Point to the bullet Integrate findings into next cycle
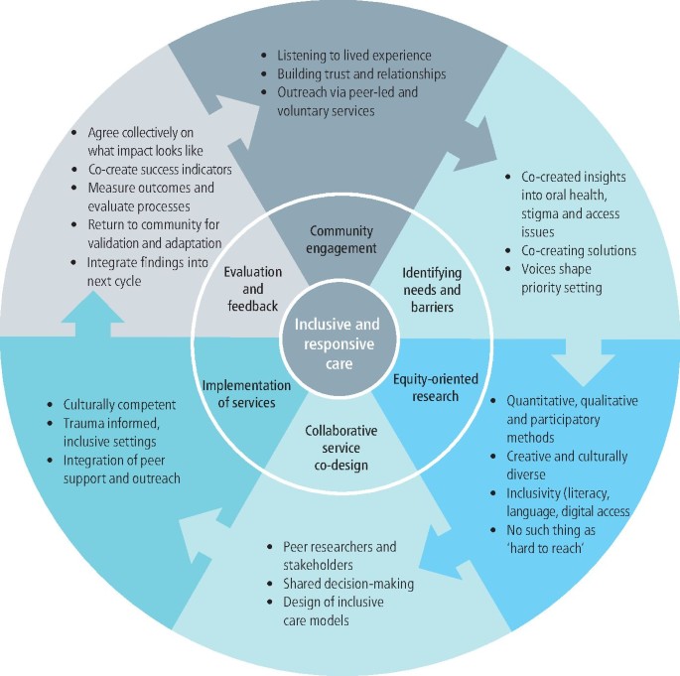[159, 271]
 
